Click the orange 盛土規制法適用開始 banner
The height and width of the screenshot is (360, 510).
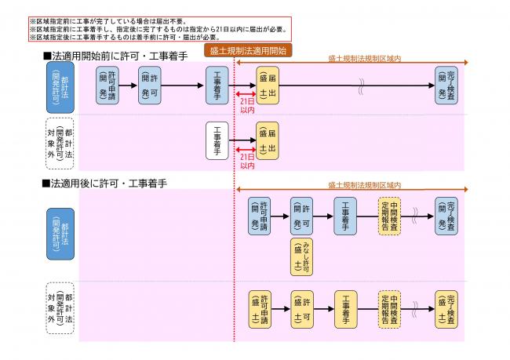click(x=248, y=49)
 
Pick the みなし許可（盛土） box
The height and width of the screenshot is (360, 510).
click(x=302, y=257)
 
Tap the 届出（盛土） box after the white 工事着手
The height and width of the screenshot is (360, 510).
click(x=267, y=141)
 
